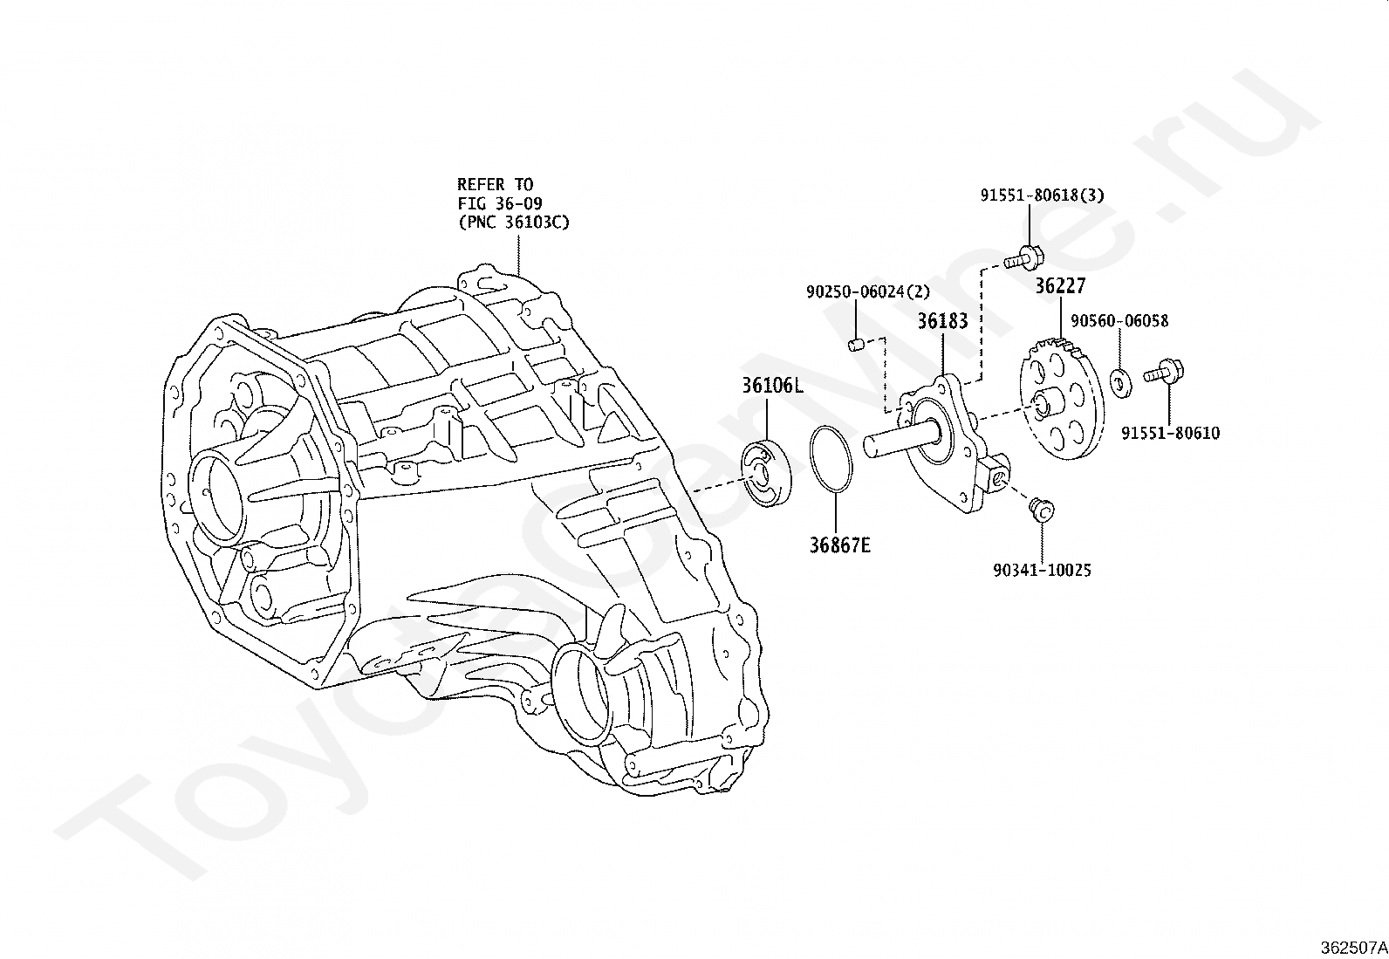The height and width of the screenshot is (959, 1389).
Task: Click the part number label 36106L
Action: tap(772, 386)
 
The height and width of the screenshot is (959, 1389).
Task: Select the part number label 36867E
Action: tap(839, 545)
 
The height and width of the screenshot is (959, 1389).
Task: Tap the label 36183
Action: tap(942, 321)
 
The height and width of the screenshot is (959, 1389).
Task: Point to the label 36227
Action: tap(1060, 285)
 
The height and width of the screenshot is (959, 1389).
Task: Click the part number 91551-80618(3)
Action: tap(1042, 195)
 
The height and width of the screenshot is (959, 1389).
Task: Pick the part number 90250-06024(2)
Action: tap(868, 291)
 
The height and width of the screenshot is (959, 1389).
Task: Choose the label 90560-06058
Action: tap(1119, 321)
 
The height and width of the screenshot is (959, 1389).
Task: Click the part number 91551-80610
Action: tap(1170, 433)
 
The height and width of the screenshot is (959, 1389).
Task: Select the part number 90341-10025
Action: tap(1042, 570)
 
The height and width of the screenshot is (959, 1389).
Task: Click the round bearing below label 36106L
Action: tap(766, 471)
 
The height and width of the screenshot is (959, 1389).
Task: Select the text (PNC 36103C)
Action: tap(513, 222)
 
